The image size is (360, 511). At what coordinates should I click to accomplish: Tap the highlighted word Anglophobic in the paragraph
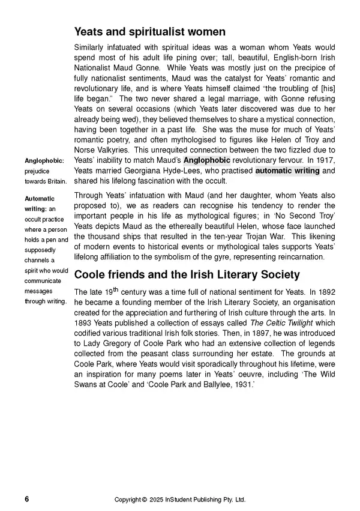206,160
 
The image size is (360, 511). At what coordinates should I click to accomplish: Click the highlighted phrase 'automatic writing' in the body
287,171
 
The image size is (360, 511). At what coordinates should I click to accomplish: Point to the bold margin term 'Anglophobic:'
44,160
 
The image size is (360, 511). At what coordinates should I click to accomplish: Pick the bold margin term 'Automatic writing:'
40,204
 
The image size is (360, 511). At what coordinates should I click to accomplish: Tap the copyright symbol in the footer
145,500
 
